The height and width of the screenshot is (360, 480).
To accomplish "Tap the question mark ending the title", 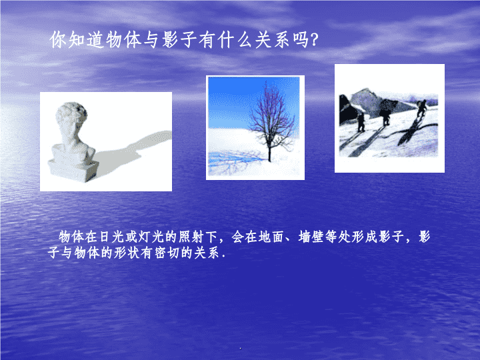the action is click(x=315, y=40).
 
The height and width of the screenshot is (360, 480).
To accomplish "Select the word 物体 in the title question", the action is click(x=123, y=40).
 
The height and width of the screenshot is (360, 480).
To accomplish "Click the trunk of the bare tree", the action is click(x=269, y=150).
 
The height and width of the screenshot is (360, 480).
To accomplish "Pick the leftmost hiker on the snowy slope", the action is click(x=361, y=123).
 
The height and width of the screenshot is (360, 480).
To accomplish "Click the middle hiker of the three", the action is click(x=386, y=114).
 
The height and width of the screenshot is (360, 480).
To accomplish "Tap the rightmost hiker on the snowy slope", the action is click(x=421, y=109).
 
